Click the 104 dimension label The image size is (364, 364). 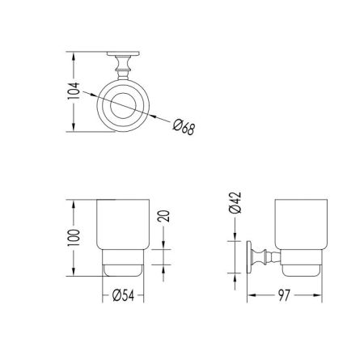tap(74, 91)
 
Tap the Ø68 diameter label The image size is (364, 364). tap(184, 127)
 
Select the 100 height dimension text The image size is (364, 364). tap(74, 238)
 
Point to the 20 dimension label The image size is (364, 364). tap(163, 216)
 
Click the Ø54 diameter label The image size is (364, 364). tap(123, 295)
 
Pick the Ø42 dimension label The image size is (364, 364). tap(235, 203)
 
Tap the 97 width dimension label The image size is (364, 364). tap(284, 295)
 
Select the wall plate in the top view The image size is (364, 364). tap(123, 53)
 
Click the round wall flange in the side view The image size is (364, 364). tap(249, 257)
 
